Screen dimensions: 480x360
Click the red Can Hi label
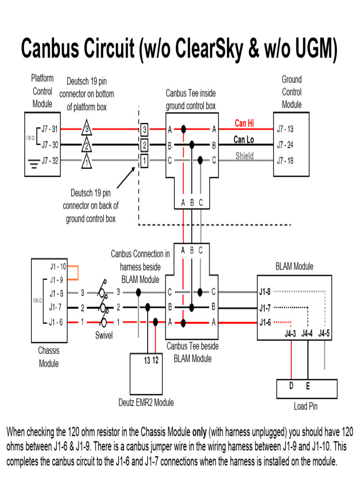pyautogui.click(x=244, y=124)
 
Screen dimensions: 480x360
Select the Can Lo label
pyautogui.click(x=244, y=140)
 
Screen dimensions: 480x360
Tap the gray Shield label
pyautogui.click(x=244, y=156)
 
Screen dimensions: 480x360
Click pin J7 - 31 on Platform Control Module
pyautogui.click(x=49, y=129)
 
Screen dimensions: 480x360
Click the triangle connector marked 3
pyautogui.click(x=86, y=128)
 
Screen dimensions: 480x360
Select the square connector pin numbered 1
pyautogui.click(x=145, y=161)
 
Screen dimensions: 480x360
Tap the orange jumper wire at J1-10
pyautogui.click(x=76, y=272)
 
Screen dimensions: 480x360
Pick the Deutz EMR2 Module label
pyautogui.click(x=146, y=402)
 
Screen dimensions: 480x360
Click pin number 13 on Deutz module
pyautogui.click(x=147, y=360)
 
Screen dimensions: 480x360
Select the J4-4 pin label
pyautogui.click(x=307, y=334)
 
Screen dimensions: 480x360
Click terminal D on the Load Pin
pyautogui.click(x=291, y=386)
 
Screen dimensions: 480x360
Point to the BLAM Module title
pyautogui.click(x=294, y=267)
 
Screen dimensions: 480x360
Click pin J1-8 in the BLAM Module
pyautogui.click(x=265, y=292)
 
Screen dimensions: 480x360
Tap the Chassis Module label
pyautogui.click(x=49, y=357)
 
